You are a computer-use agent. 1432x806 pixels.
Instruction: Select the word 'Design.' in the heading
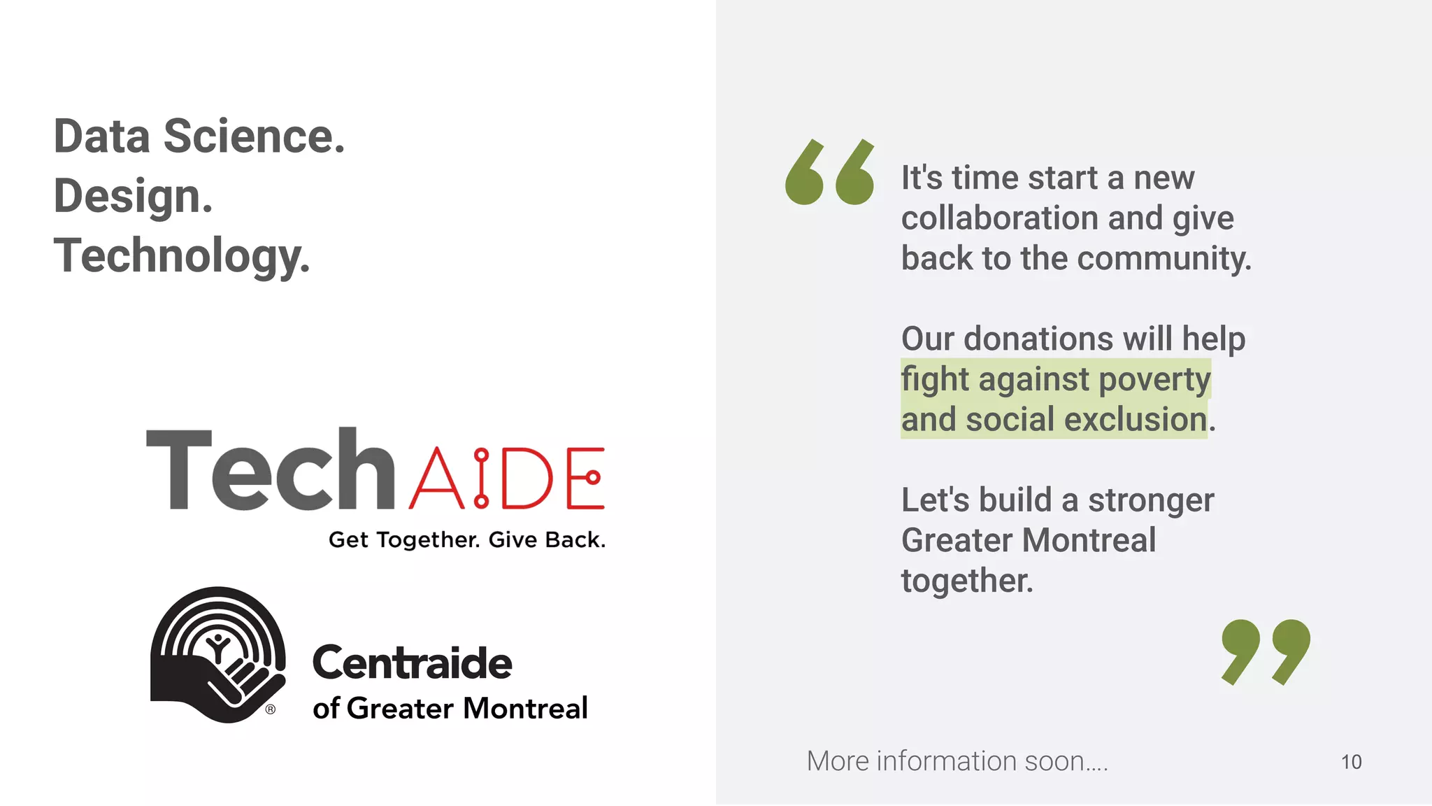tap(133, 196)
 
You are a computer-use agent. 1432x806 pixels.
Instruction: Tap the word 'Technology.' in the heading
tap(182, 256)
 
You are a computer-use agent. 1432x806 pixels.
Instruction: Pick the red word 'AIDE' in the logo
tap(507, 478)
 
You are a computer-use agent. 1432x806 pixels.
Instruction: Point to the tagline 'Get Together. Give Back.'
tap(467, 540)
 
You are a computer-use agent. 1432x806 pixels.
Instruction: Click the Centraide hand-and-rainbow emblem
tap(217, 654)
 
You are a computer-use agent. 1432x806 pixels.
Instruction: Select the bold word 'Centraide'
tap(413, 663)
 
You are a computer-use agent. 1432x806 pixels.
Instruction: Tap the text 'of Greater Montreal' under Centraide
tap(450, 709)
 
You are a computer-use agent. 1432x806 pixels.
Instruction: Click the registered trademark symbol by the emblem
tap(271, 709)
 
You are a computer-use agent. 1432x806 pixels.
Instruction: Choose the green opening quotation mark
tap(829, 172)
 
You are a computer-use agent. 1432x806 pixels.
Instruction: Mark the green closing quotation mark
tap(1266, 651)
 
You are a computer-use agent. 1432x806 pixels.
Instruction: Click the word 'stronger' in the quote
tap(1151, 500)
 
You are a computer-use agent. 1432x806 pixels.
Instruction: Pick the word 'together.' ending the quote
tap(967, 581)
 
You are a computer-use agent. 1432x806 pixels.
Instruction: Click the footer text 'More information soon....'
tap(957, 761)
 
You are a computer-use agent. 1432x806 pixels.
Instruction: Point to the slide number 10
tap(1351, 762)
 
